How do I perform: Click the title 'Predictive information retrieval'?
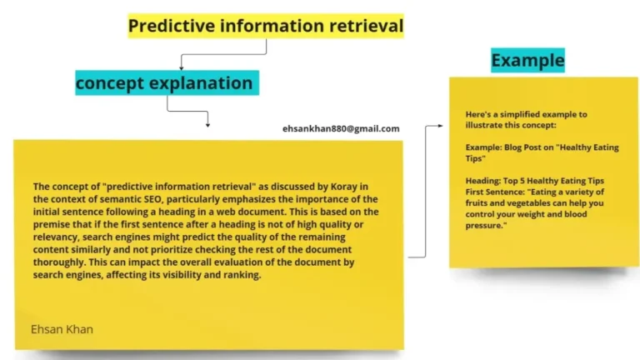click(x=265, y=27)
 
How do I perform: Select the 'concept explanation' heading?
click(x=164, y=82)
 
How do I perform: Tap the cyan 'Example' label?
click(x=527, y=60)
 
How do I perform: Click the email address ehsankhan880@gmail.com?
click(x=341, y=128)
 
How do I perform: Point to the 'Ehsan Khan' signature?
click(x=62, y=329)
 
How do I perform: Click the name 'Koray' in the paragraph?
click(x=327, y=186)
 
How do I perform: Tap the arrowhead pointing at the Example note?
click(x=442, y=126)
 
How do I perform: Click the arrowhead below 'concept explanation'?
click(x=207, y=125)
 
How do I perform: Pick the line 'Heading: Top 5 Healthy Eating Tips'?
click(x=535, y=181)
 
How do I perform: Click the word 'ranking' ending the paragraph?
click(x=242, y=276)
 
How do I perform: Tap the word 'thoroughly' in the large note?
click(x=59, y=263)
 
